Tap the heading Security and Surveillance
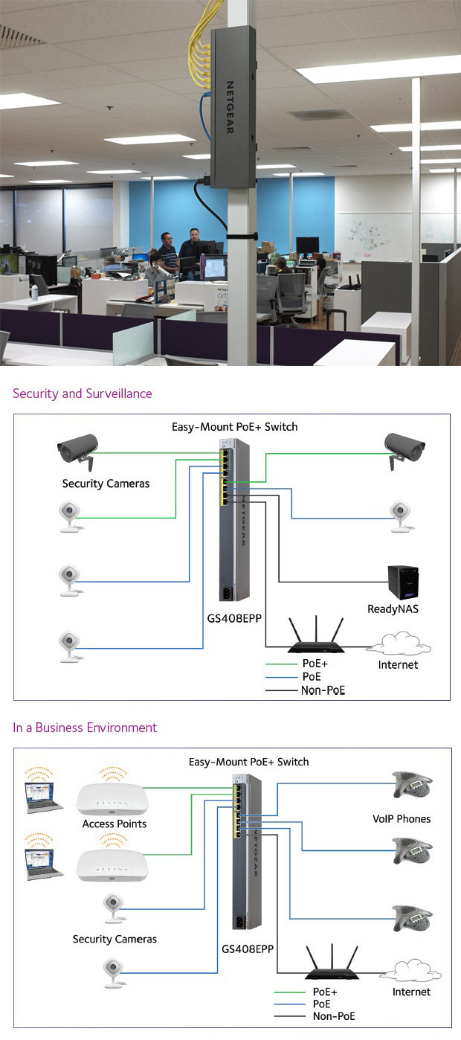pyautogui.click(x=82, y=394)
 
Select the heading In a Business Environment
pyautogui.click(x=85, y=728)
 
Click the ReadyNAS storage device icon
pyautogui.click(x=403, y=582)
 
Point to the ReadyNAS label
pyautogui.click(x=393, y=609)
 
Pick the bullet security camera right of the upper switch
pyautogui.click(x=404, y=448)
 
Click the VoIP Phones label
pyautogui.click(x=402, y=819)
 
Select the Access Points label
pyautogui.click(x=115, y=824)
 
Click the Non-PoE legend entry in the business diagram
pyautogui.click(x=333, y=1015)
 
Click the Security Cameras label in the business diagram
pyautogui.click(x=115, y=939)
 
